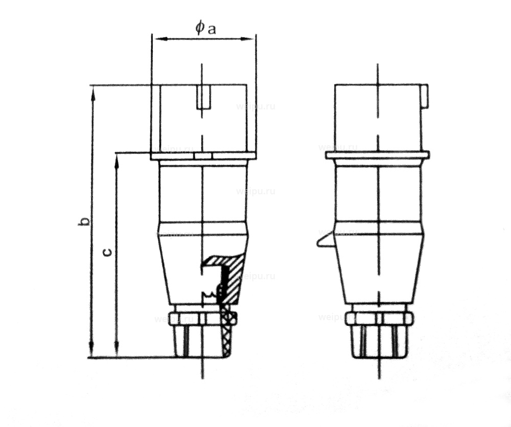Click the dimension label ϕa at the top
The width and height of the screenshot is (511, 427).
[206, 28]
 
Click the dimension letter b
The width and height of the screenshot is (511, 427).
[87, 221]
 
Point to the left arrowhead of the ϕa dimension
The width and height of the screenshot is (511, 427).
[156, 38]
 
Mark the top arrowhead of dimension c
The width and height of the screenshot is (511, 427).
[117, 158]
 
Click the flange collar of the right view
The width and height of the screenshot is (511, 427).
[377, 155]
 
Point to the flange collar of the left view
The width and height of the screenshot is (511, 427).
[203, 155]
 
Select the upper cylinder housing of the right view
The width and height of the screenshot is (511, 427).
[378, 118]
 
